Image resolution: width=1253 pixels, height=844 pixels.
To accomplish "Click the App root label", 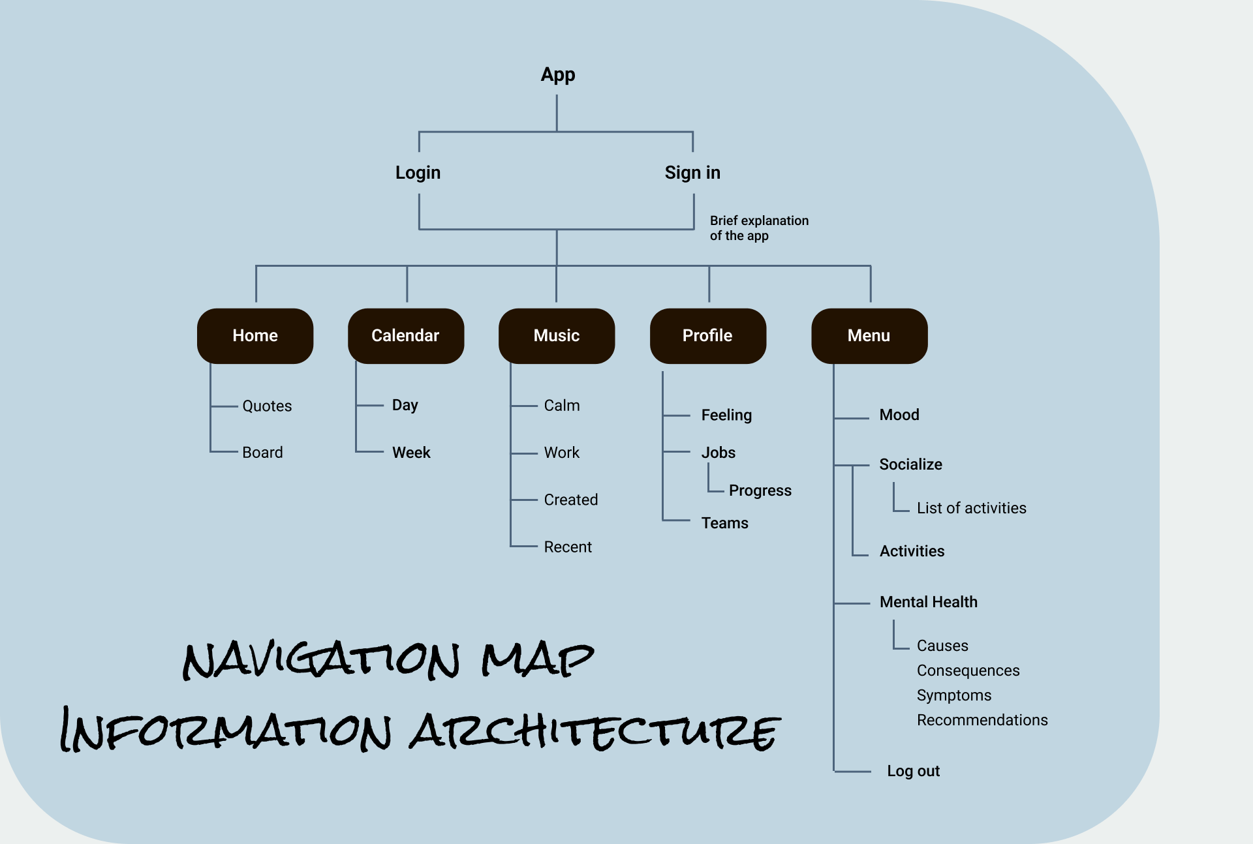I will click(558, 75).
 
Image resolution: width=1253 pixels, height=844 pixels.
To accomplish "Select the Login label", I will click(418, 173).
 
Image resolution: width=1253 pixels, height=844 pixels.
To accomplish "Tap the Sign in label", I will click(692, 173).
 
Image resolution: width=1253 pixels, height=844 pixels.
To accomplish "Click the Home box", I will click(255, 336).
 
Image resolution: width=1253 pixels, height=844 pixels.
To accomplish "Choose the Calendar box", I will click(405, 336).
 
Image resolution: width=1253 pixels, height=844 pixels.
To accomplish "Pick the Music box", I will click(557, 336).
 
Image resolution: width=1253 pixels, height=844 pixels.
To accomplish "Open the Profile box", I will click(707, 336).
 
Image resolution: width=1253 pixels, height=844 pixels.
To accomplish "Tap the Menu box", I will click(869, 336).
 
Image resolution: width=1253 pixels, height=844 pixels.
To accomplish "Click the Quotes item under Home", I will click(267, 406).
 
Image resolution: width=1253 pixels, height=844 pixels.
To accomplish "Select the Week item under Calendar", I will click(411, 453).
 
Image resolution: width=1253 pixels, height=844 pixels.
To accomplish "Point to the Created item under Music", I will click(571, 500).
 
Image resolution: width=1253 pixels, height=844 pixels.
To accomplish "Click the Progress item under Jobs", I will click(760, 490).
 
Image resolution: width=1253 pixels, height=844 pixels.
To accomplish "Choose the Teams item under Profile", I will click(724, 523).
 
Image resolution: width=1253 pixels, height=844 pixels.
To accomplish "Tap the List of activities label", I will click(971, 508).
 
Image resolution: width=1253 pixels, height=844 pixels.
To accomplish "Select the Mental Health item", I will click(928, 602).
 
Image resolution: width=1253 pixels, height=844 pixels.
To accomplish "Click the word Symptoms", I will click(953, 695).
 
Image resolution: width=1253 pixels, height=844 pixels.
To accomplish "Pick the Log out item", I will click(913, 771).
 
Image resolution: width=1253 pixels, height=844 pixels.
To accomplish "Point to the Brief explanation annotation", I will click(759, 228).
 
